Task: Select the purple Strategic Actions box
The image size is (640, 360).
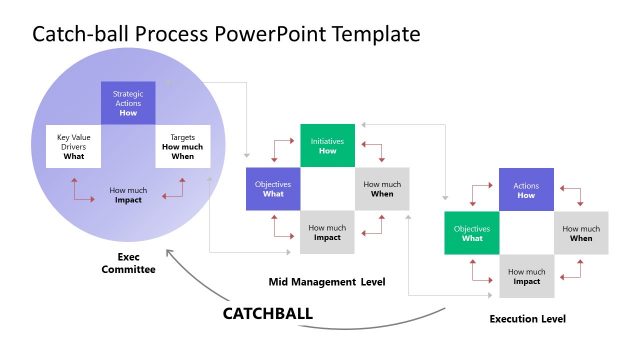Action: coord(128,103)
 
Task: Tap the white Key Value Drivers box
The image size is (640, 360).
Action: coord(74,146)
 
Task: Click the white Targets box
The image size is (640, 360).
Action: coord(182,146)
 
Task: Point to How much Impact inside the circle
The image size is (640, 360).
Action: coord(128,194)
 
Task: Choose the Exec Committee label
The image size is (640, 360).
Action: coord(128,262)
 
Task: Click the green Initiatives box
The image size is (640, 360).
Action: coord(327,146)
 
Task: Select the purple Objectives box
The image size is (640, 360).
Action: coord(273,189)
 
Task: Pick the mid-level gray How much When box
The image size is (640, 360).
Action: coord(381,189)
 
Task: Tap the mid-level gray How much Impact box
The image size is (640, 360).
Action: coord(327,232)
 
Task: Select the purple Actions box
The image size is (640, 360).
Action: coord(526,190)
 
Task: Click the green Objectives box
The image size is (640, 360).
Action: coord(472,233)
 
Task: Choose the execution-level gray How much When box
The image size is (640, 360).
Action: coord(580,233)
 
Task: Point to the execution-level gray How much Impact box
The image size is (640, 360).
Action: coord(526,276)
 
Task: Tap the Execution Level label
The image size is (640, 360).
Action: coord(527,319)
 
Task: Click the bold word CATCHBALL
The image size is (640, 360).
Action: coord(267,313)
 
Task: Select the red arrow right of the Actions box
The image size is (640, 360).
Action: coord(573,194)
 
